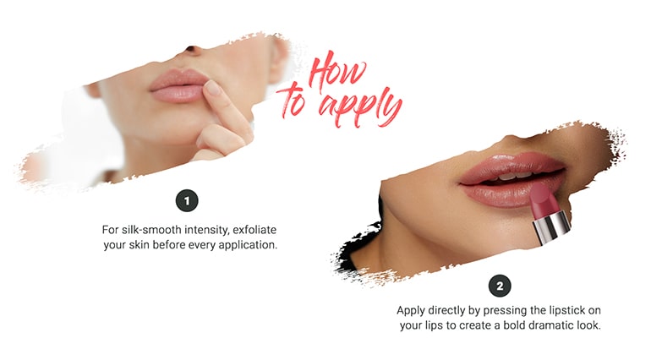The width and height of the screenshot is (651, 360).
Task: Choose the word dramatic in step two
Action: [539, 326]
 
